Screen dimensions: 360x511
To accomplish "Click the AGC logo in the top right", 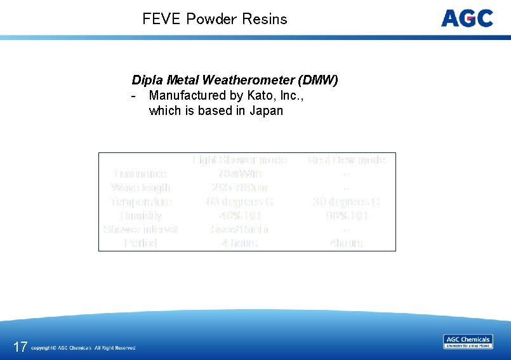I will pos(467,18).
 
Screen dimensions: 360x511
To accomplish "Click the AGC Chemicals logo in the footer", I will pos(468,342).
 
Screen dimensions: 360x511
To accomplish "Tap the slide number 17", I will pos(20,347).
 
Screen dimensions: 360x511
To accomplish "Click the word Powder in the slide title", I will pos(211,19).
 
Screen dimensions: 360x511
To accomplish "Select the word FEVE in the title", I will pos(162,19).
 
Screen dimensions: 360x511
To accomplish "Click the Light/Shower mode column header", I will pos(239,160).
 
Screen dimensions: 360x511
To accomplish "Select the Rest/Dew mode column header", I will pos(346,160).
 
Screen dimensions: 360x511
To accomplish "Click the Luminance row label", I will pos(140,174).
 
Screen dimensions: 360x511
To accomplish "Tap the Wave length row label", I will pos(140,188).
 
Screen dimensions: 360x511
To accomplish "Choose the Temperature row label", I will pos(140,202).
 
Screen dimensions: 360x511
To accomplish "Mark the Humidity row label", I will pos(140,216).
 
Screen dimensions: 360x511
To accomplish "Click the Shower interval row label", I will pos(140,229).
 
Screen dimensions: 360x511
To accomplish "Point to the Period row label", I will pos(140,243).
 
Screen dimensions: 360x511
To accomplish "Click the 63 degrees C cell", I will pos(239,202).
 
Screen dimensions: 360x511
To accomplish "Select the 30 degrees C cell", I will pos(346,202).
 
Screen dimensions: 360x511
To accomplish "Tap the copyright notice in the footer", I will pos(83,348).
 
